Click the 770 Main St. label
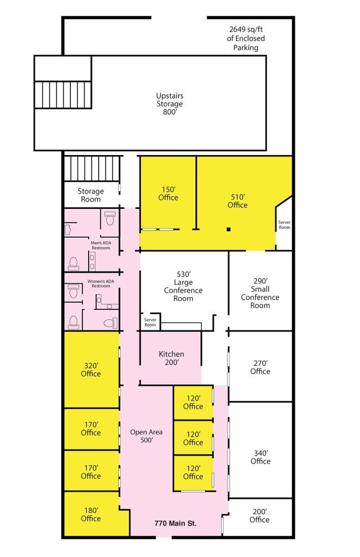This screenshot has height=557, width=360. point(176,523)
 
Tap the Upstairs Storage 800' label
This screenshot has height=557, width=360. point(169,104)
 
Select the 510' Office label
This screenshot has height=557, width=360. point(238,201)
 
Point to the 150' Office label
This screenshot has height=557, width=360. point(168,193)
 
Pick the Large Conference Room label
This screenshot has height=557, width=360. point(183,287)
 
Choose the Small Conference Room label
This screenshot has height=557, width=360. point(260,293)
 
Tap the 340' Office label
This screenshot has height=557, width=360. point(261,457)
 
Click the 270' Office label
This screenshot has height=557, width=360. point(260,367)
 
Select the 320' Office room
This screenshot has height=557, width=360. point(91,370)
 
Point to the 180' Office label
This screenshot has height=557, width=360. point(91,514)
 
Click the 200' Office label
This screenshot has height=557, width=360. point(260,515)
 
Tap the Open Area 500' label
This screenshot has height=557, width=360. point(146,436)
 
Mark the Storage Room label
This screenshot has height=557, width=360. point(91,195)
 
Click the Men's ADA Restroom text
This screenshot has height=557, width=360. point(101,246)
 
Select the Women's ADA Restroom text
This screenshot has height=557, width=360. point(101,283)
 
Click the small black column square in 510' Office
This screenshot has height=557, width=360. point(229,229)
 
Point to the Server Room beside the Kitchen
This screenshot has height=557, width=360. point(150,322)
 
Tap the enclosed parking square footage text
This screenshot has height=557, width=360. point(246,38)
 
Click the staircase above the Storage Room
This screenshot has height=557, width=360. point(92,168)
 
